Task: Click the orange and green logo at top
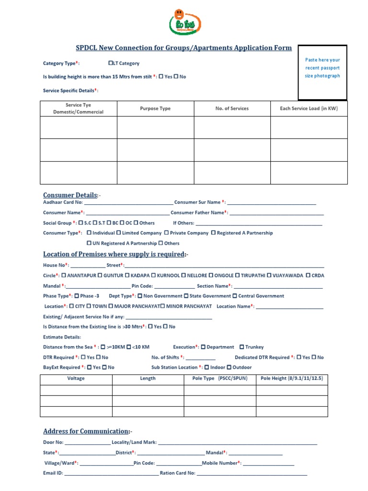tap(185, 23)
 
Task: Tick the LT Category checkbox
tap(111, 63)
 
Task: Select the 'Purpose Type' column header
tap(155, 109)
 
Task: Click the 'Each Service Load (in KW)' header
tap(309, 109)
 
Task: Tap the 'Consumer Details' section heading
tap(70, 195)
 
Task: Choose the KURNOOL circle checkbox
tap(153, 276)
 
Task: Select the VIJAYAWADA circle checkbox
tap(269, 276)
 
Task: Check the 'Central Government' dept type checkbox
tap(235, 296)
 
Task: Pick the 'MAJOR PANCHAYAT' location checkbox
tap(111, 306)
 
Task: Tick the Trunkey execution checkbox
tap(242, 347)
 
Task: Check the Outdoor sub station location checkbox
tap(229, 368)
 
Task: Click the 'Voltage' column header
tap(76, 379)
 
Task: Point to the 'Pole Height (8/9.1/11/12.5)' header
tap(291, 379)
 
